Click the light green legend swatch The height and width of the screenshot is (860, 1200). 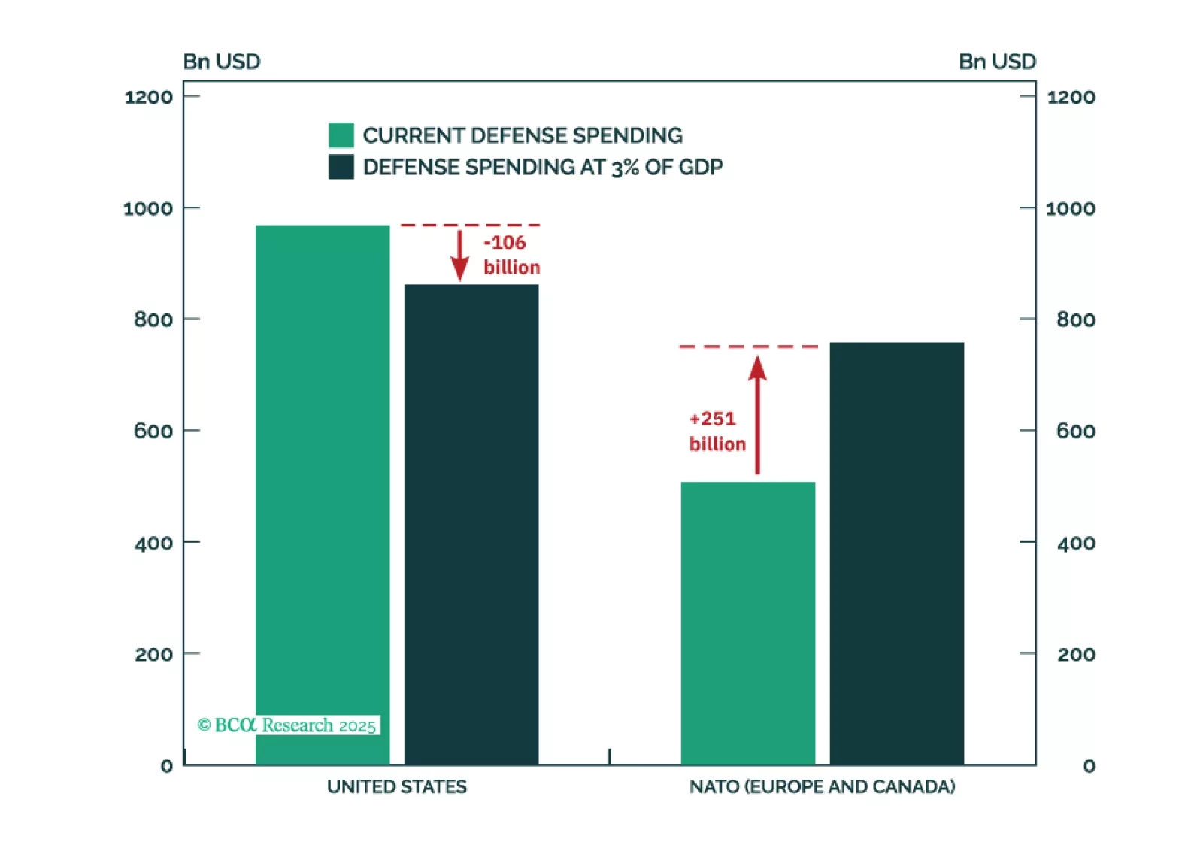(x=341, y=135)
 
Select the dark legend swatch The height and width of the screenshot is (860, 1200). (x=341, y=167)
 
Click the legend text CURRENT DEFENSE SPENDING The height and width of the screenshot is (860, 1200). (x=523, y=135)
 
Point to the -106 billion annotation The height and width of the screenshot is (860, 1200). (x=511, y=255)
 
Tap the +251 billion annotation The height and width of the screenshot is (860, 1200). (x=717, y=432)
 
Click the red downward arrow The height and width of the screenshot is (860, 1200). (x=459, y=256)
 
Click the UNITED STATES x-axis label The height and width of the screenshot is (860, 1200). (x=397, y=786)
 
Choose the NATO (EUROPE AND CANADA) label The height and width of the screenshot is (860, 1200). (x=823, y=786)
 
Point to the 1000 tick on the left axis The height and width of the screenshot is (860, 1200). (x=148, y=208)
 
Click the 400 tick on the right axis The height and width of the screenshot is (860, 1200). (x=1076, y=543)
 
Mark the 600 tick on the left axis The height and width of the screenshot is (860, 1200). (x=153, y=431)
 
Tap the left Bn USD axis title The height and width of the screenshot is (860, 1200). (x=222, y=62)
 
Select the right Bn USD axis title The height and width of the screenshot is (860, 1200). (x=997, y=62)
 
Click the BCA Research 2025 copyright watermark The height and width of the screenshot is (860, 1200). (x=287, y=725)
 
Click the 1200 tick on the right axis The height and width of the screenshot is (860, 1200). (x=1071, y=97)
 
